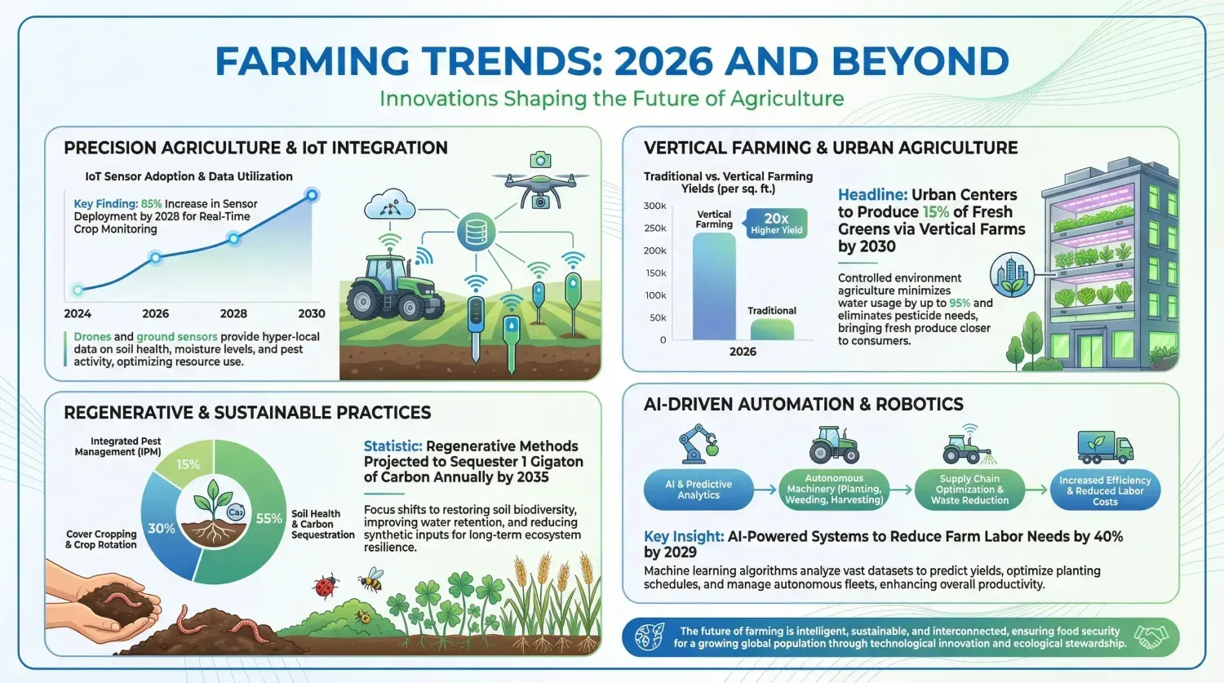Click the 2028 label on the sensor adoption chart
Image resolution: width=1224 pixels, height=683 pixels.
(x=233, y=313)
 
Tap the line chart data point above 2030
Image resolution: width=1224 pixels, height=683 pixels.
(x=312, y=195)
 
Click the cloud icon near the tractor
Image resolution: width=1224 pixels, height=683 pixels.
(x=389, y=204)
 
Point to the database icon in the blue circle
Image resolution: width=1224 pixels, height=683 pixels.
(x=476, y=232)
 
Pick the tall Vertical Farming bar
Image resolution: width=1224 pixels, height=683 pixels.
(x=714, y=286)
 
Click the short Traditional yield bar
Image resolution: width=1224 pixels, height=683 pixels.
(x=772, y=330)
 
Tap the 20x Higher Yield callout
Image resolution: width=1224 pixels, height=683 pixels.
(x=775, y=224)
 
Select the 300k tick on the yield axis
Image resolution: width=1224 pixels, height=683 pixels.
(x=654, y=206)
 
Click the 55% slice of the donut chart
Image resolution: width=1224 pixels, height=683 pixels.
(x=257, y=525)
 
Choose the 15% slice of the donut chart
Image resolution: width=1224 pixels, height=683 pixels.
(x=186, y=462)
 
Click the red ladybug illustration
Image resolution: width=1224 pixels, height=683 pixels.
(x=326, y=587)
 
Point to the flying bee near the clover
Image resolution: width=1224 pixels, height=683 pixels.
(x=371, y=579)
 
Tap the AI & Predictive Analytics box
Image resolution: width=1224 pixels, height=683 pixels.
(x=698, y=490)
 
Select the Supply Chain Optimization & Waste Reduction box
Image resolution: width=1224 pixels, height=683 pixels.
(x=969, y=490)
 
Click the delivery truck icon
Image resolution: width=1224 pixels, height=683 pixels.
(x=1105, y=447)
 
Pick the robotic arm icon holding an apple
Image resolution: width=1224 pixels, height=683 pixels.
(x=698, y=444)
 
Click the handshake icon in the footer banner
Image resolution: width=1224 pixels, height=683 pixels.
(x=1151, y=636)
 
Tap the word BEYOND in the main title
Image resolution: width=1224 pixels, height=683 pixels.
(x=920, y=61)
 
